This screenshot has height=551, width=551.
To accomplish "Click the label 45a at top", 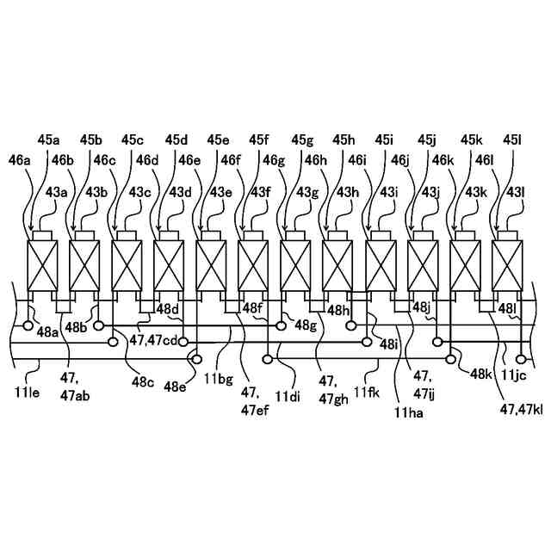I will (x=49, y=139).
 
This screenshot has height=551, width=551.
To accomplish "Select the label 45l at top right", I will (x=513, y=139).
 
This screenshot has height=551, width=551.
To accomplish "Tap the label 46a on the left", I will (x=19, y=159).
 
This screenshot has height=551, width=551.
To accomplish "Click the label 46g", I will (x=274, y=159).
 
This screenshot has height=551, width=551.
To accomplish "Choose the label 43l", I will (x=517, y=192).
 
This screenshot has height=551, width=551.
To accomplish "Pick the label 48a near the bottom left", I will (x=48, y=332).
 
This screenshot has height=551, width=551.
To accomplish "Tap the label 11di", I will (x=288, y=397).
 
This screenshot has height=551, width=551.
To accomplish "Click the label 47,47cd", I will (x=154, y=339).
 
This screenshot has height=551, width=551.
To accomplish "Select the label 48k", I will (x=480, y=375).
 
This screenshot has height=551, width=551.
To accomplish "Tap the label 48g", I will (x=306, y=325).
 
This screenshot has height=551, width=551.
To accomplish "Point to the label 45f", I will (x=259, y=139).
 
